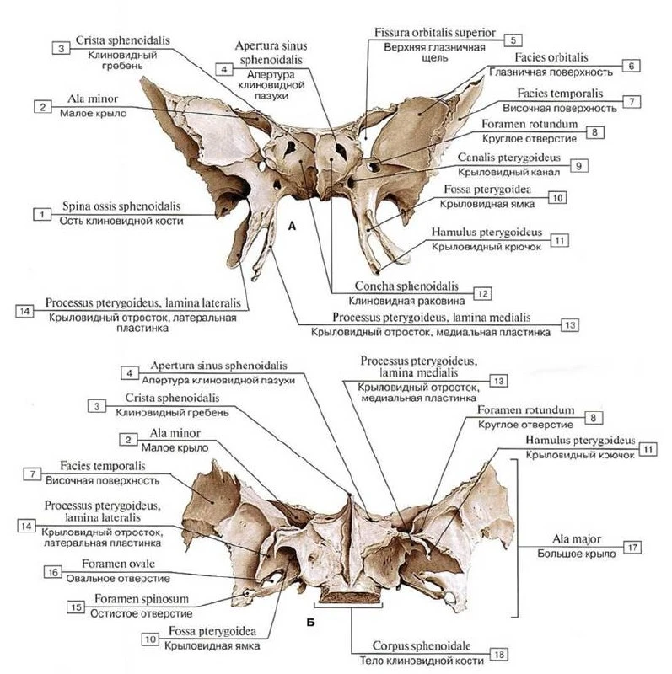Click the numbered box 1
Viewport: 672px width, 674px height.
click(x=42, y=214)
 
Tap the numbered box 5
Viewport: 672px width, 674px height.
click(x=513, y=40)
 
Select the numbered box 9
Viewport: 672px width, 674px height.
click(x=579, y=165)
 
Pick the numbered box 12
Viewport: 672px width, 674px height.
click(x=482, y=293)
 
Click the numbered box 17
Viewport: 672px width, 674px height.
click(x=632, y=547)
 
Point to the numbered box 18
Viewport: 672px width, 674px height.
click(x=499, y=655)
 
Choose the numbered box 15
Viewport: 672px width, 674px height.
click(x=76, y=607)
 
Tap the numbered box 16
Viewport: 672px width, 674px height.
click(x=53, y=572)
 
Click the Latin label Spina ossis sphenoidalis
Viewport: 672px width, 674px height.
click(x=121, y=206)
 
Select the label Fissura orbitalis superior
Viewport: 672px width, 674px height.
click(x=434, y=33)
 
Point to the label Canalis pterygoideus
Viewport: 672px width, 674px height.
click(x=509, y=158)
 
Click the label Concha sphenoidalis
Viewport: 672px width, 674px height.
click(x=406, y=286)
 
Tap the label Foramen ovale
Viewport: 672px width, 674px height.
click(x=118, y=564)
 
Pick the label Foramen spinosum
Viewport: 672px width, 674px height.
click(x=142, y=599)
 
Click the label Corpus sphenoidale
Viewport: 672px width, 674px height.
click(x=422, y=645)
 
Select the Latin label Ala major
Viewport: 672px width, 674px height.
click(x=577, y=539)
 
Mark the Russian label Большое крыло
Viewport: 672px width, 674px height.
click(x=577, y=554)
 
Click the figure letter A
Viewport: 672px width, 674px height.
click(x=292, y=226)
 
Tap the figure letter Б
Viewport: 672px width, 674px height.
click(x=310, y=622)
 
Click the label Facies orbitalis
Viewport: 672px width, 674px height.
click(x=551, y=57)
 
